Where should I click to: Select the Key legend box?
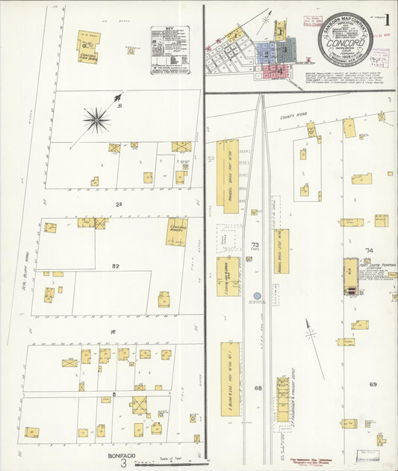170,51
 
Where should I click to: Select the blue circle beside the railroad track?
257,296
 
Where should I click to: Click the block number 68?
258,388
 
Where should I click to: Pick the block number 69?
372,384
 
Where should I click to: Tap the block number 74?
368,250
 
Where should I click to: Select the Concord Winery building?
176,231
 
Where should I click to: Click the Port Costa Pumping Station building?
350,276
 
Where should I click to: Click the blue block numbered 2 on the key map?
267,53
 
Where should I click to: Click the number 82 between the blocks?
115,265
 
